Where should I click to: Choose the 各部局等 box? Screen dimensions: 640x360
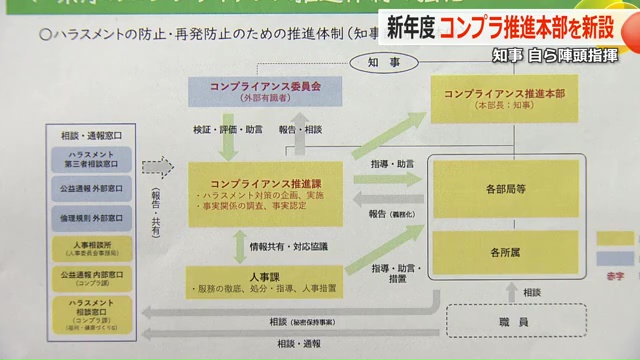tap(504, 189)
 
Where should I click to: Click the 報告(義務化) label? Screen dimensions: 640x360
tap(388, 215)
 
